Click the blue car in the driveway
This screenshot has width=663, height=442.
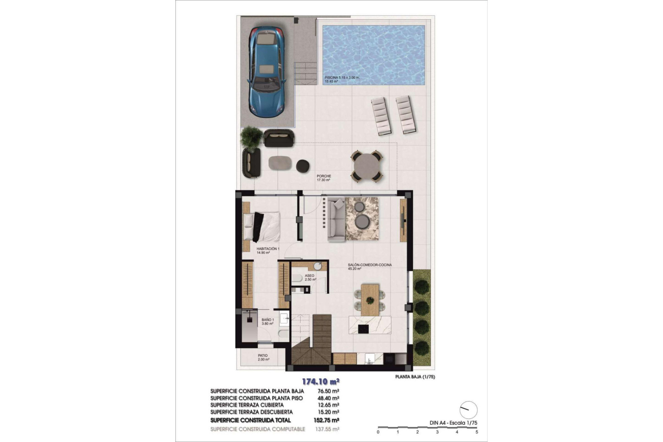coord(266,72)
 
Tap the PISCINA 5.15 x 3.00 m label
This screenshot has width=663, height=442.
coord(342,78)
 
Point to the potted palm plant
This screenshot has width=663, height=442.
coord(251,137)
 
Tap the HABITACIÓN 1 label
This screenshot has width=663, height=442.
coord(268,249)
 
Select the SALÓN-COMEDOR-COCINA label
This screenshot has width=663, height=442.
coord(369,265)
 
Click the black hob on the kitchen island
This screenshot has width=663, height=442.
coord(363,329)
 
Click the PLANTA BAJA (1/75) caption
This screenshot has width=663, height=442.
coord(415,377)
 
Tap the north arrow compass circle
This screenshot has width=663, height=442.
coord(469,410)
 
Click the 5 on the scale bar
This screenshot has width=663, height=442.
coord(477,432)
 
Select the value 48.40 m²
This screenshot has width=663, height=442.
coord(328,398)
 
